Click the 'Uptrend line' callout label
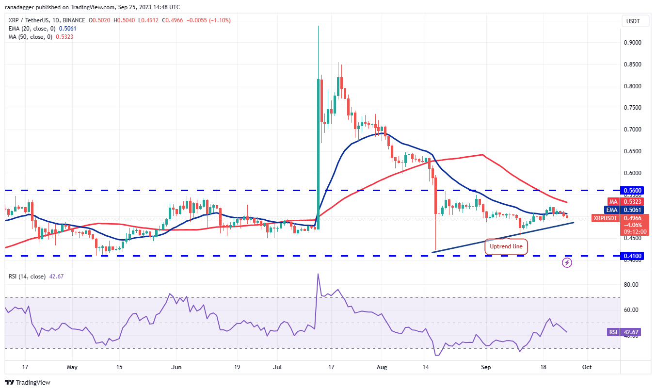[x=506, y=246]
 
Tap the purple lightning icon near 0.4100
[x=567, y=263]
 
